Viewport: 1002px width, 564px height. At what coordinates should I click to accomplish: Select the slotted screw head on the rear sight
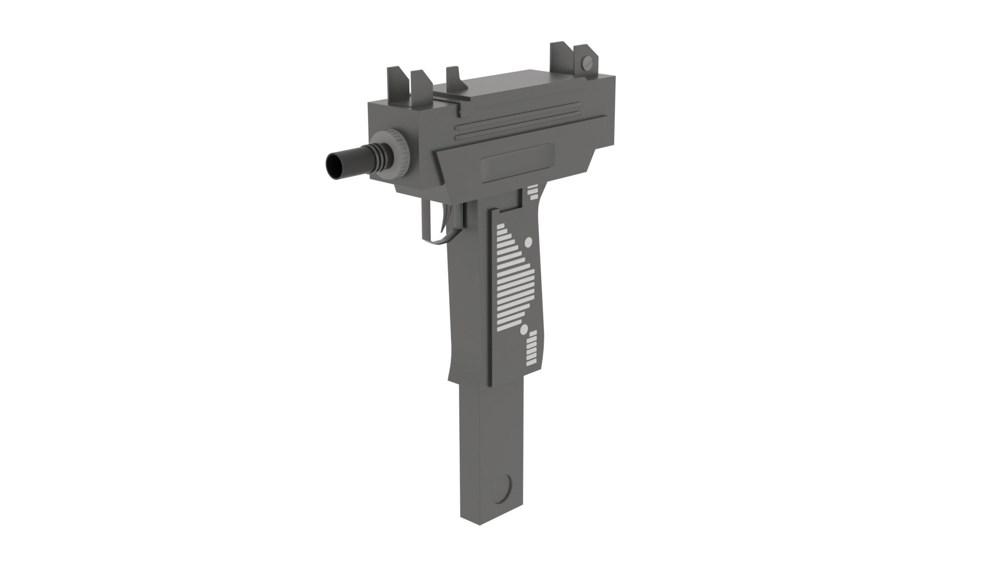coord(588,54)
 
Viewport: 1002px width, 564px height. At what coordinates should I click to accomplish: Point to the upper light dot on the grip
coord(528,242)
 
